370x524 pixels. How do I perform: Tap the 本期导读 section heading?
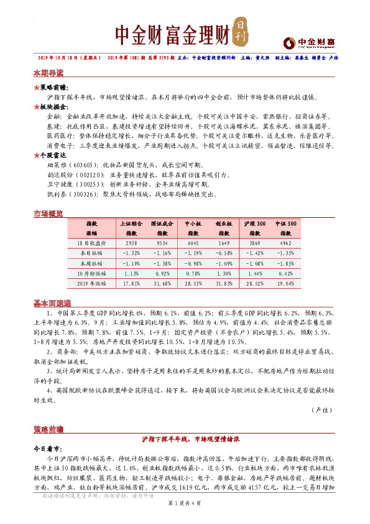[x=48, y=72]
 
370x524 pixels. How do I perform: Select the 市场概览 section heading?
[x=48, y=214]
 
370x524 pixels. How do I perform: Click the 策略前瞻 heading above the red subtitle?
[x=48, y=429]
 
